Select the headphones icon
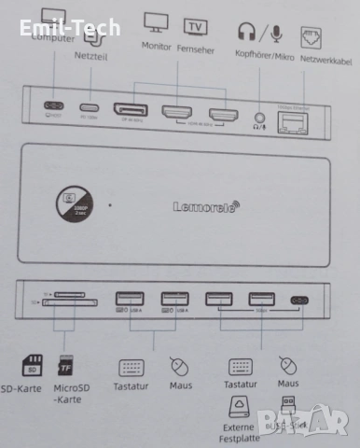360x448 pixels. point(247,33)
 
